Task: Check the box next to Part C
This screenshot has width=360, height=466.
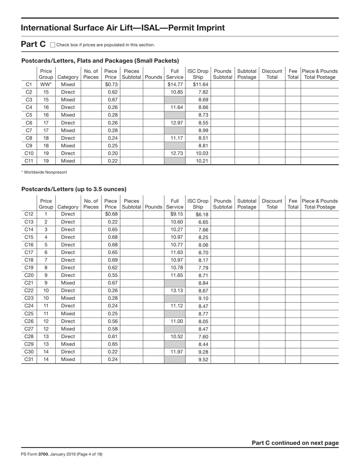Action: click(x=53, y=45)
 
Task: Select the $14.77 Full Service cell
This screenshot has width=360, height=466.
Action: click(x=175, y=84)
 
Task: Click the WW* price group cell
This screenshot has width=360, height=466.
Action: click(x=46, y=84)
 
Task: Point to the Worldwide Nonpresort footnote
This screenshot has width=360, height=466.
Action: click(x=44, y=172)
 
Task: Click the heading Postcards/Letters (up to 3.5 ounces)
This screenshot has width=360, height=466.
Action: click(x=74, y=189)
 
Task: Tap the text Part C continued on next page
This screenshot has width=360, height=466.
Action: click(x=295, y=443)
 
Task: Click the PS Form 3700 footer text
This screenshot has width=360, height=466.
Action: click(x=62, y=454)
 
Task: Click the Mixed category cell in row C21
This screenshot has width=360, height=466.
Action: click(x=68, y=283)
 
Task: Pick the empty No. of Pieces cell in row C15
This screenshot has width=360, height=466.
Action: click(x=91, y=237)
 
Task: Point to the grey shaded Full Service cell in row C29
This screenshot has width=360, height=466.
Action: click(x=175, y=344)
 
